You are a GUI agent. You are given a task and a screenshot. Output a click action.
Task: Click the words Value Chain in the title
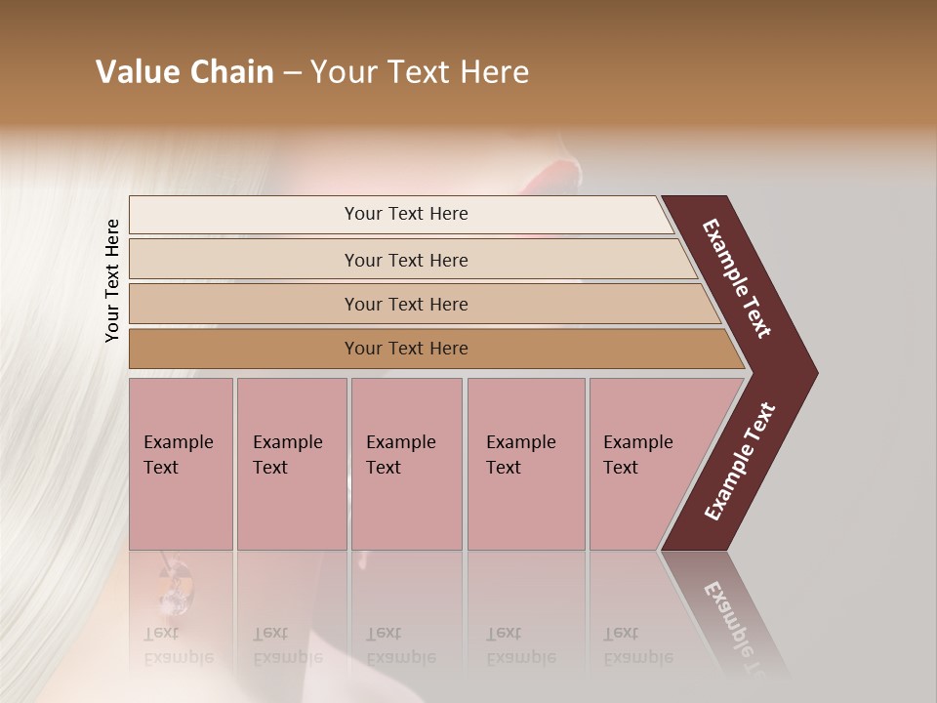184,72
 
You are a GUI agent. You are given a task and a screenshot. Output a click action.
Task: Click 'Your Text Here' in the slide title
420,72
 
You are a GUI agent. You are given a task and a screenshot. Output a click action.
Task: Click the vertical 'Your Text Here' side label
112,280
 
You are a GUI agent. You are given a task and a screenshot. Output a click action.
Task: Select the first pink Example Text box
181,464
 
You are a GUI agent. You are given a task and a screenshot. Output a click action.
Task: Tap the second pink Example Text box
291,464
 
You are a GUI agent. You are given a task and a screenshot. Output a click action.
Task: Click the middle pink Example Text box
406,464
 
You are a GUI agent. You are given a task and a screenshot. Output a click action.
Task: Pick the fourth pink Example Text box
525,464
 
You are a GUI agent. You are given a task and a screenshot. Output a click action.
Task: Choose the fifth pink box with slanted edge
644,464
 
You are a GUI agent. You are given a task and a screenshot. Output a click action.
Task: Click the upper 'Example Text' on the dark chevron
737,278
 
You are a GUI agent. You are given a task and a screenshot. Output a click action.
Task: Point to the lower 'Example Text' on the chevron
740,461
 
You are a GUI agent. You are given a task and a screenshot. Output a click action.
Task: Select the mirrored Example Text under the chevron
737,625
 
